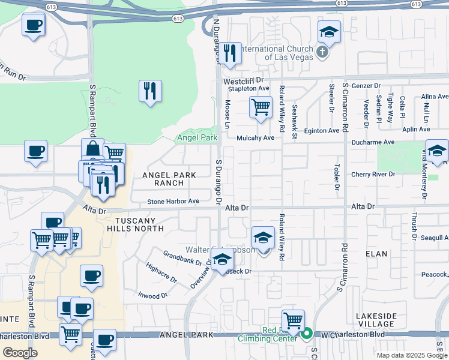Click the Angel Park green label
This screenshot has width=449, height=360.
coord(196,138)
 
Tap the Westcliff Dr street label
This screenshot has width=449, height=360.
coord(243,80)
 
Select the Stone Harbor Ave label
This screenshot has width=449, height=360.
coord(173,201)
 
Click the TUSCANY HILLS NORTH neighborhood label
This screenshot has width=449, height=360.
coord(135,224)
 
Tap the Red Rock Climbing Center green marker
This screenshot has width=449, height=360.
coord(307,332)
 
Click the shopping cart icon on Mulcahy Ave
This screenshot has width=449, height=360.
coord(261,107)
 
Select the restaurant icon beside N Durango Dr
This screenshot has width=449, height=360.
coord(229,54)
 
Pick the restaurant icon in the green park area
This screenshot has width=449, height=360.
coord(149,91)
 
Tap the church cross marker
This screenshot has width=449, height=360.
coord(322,52)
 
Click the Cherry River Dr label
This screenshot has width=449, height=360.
coord(374,174)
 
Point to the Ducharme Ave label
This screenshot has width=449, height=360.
coord(372,142)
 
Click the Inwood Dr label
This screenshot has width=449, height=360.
coord(152,296)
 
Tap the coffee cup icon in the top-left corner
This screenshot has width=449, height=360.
coord(33,26)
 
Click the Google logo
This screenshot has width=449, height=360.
coord(19,352)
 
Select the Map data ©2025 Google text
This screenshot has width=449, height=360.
coord(411,355)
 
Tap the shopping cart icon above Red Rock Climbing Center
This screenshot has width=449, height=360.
coord(293,320)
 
